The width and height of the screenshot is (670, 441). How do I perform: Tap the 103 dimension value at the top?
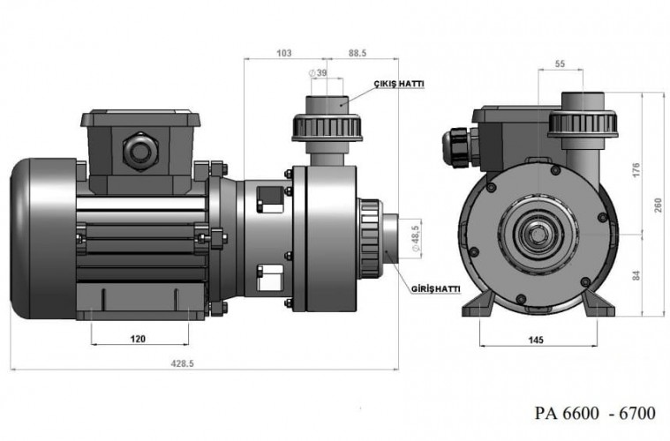283,53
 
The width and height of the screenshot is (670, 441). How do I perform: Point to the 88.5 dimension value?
358,53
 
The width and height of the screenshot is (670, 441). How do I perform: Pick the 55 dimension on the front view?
561,64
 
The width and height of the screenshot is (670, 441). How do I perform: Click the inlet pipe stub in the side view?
394,236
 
